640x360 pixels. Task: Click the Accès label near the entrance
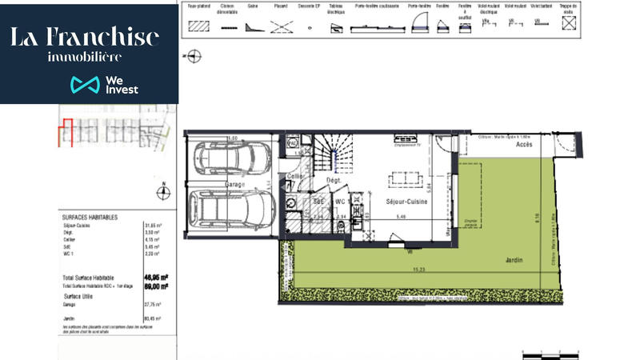(524, 146)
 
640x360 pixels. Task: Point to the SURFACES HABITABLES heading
(90, 217)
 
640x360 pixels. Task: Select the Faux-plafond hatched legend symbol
(198, 26)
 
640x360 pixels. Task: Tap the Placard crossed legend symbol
(281, 26)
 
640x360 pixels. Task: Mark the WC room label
(340, 202)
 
